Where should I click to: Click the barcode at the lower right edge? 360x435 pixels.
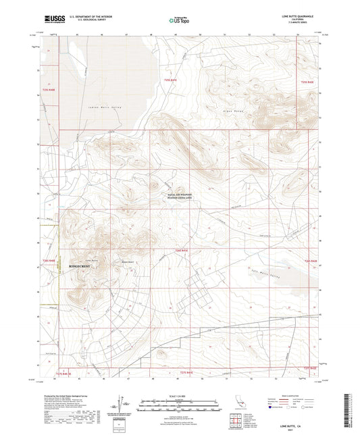[353, 409]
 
